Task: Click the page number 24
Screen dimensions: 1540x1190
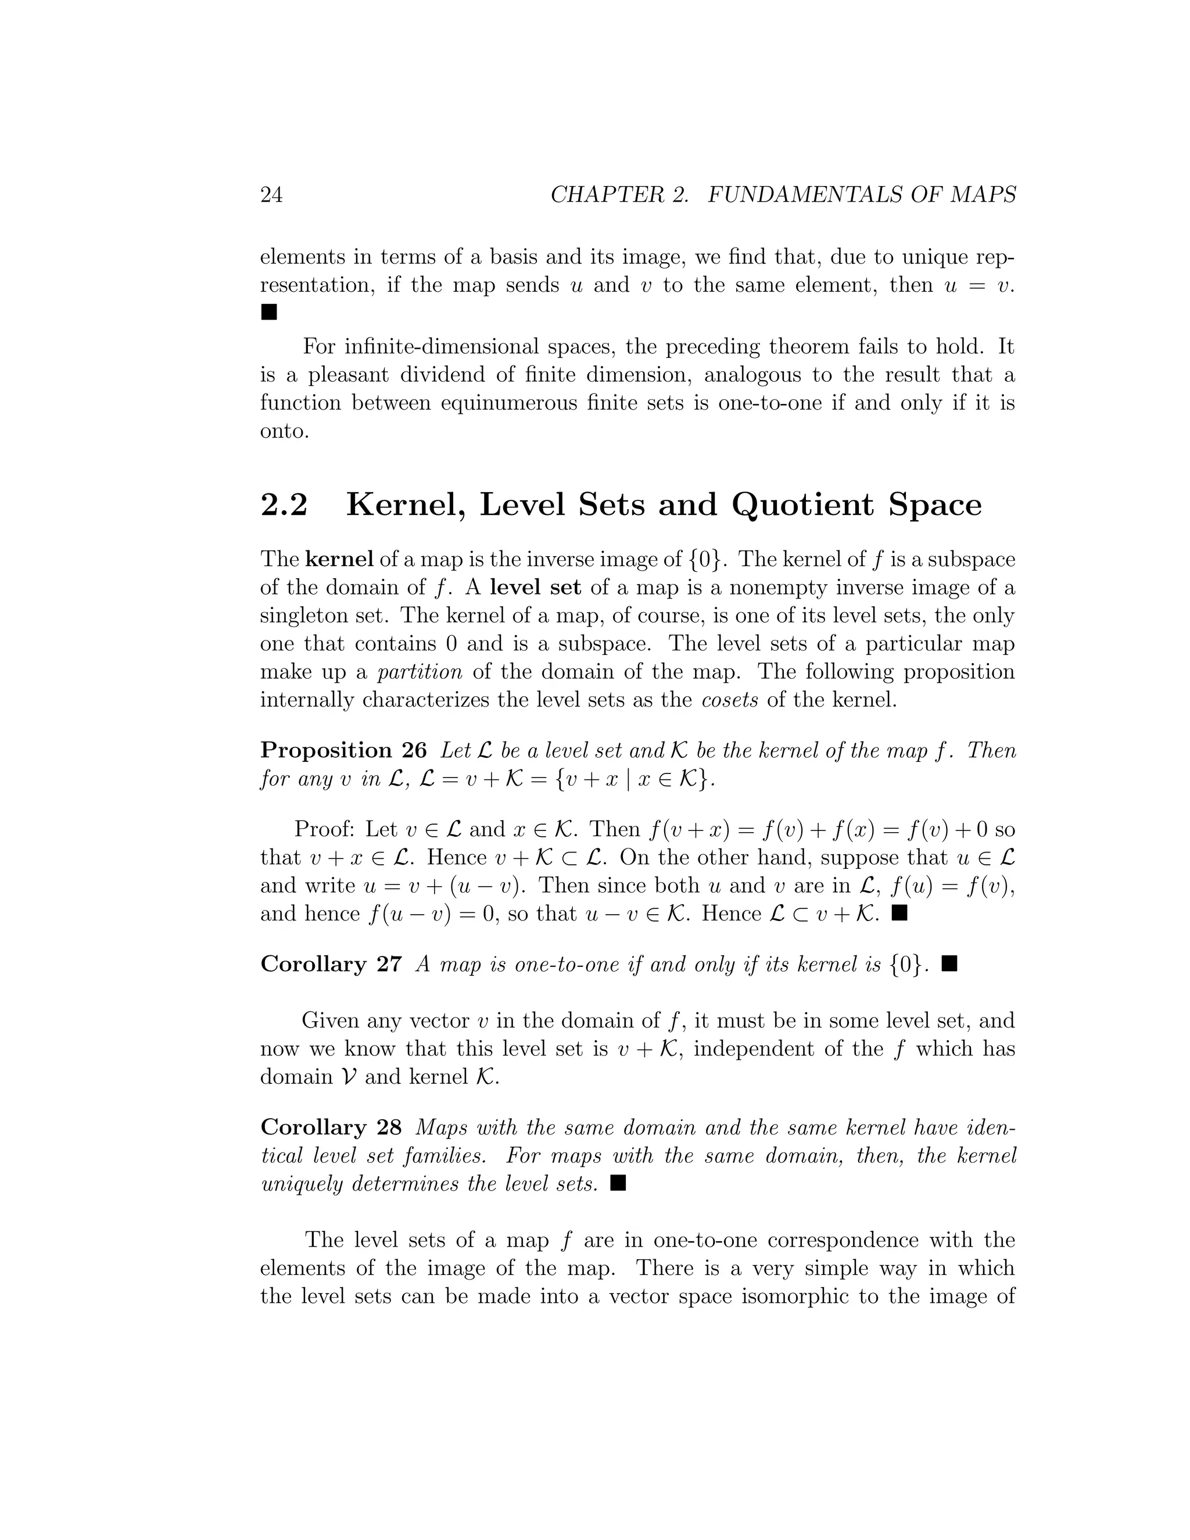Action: click(x=271, y=195)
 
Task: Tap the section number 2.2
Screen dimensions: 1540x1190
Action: click(x=284, y=505)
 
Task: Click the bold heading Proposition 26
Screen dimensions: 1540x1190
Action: click(x=343, y=750)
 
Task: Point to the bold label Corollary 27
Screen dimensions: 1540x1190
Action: click(x=331, y=964)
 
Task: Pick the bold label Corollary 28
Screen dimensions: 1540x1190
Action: click(x=331, y=1127)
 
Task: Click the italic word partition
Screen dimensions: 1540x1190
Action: click(x=420, y=672)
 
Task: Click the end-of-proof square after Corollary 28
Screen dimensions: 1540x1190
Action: click(x=618, y=1183)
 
